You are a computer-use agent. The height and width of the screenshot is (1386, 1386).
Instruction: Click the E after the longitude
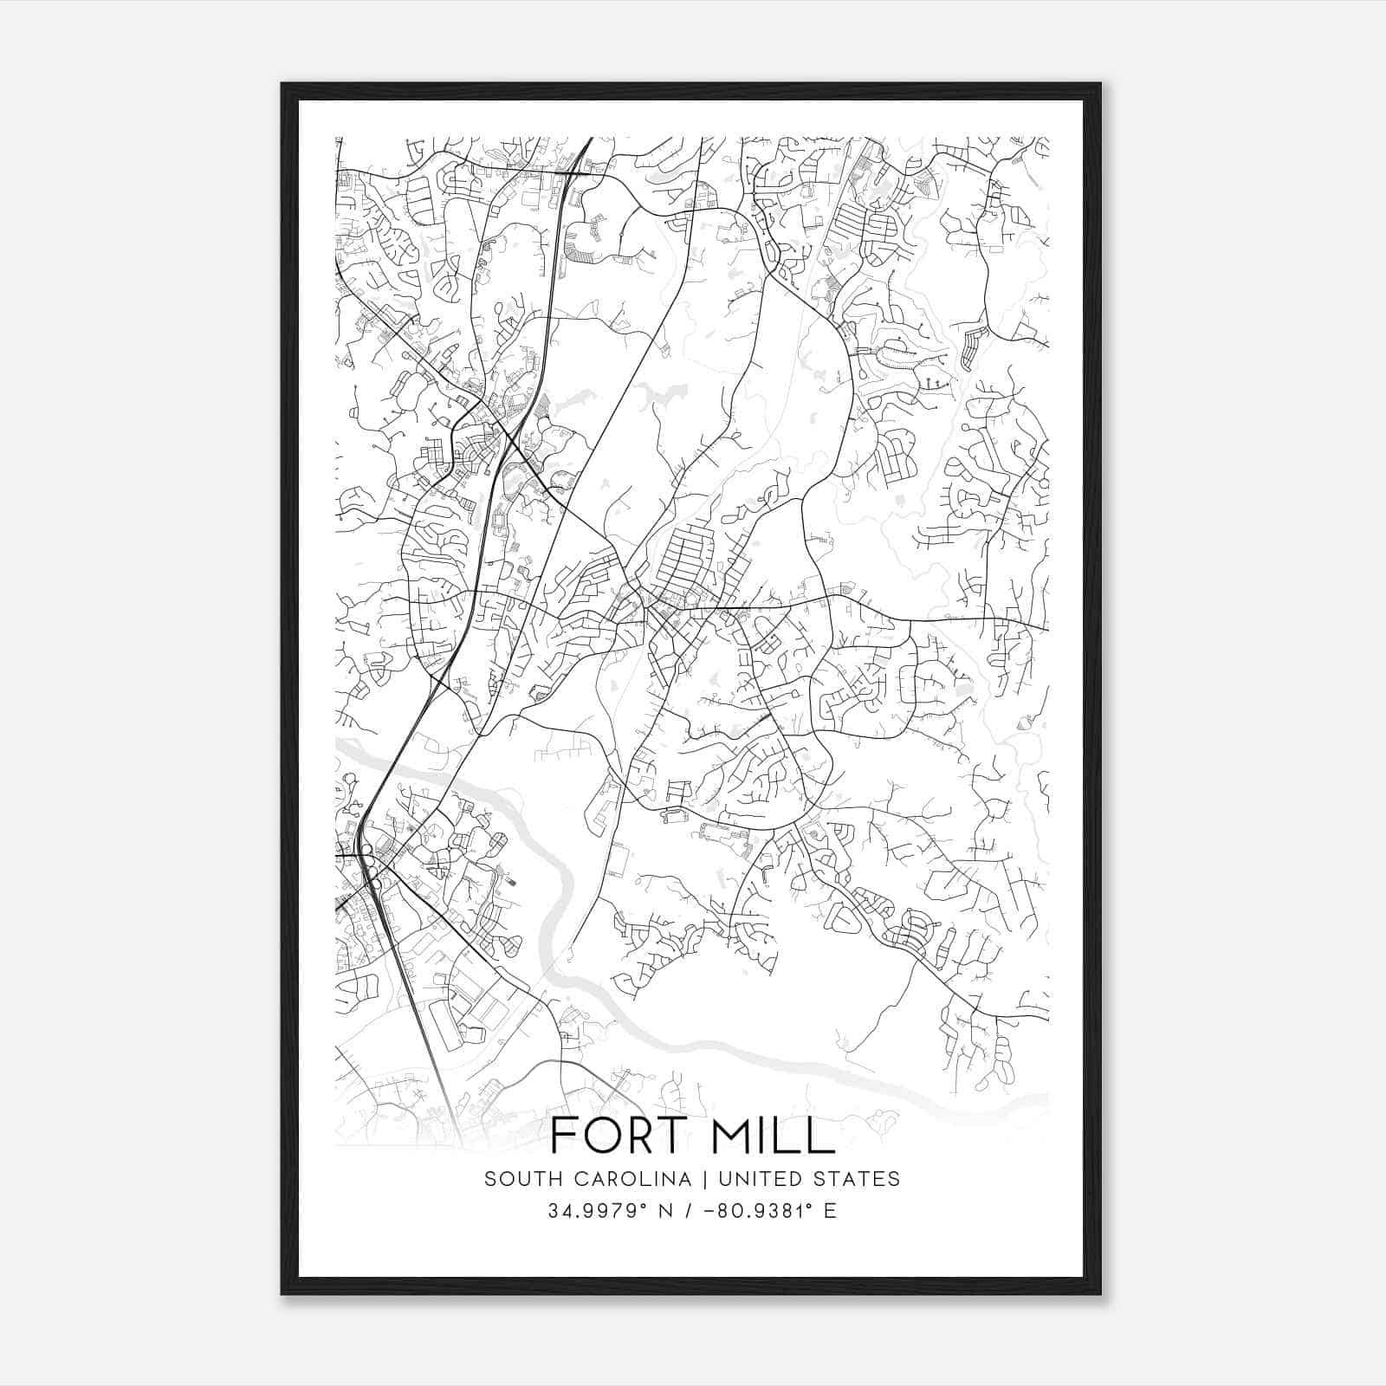tap(831, 1211)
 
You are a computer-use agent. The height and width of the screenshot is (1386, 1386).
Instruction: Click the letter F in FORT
tap(563, 1135)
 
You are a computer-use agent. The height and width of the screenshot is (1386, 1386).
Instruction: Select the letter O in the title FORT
tap(600, 1135)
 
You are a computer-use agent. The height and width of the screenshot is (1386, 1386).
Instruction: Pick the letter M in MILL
tap(731, 1135)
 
